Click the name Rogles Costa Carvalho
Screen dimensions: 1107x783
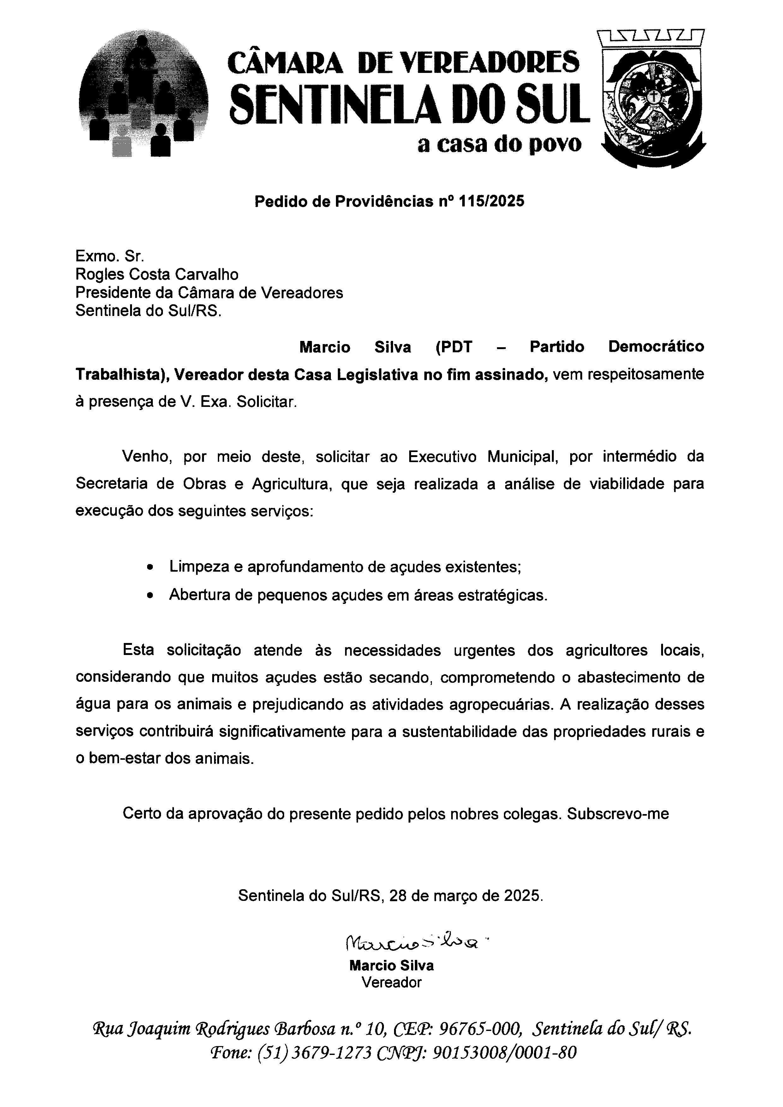coord(157,274)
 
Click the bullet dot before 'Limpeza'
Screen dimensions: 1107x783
coord(152,568)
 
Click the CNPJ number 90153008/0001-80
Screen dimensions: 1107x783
coord(504,1052)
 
